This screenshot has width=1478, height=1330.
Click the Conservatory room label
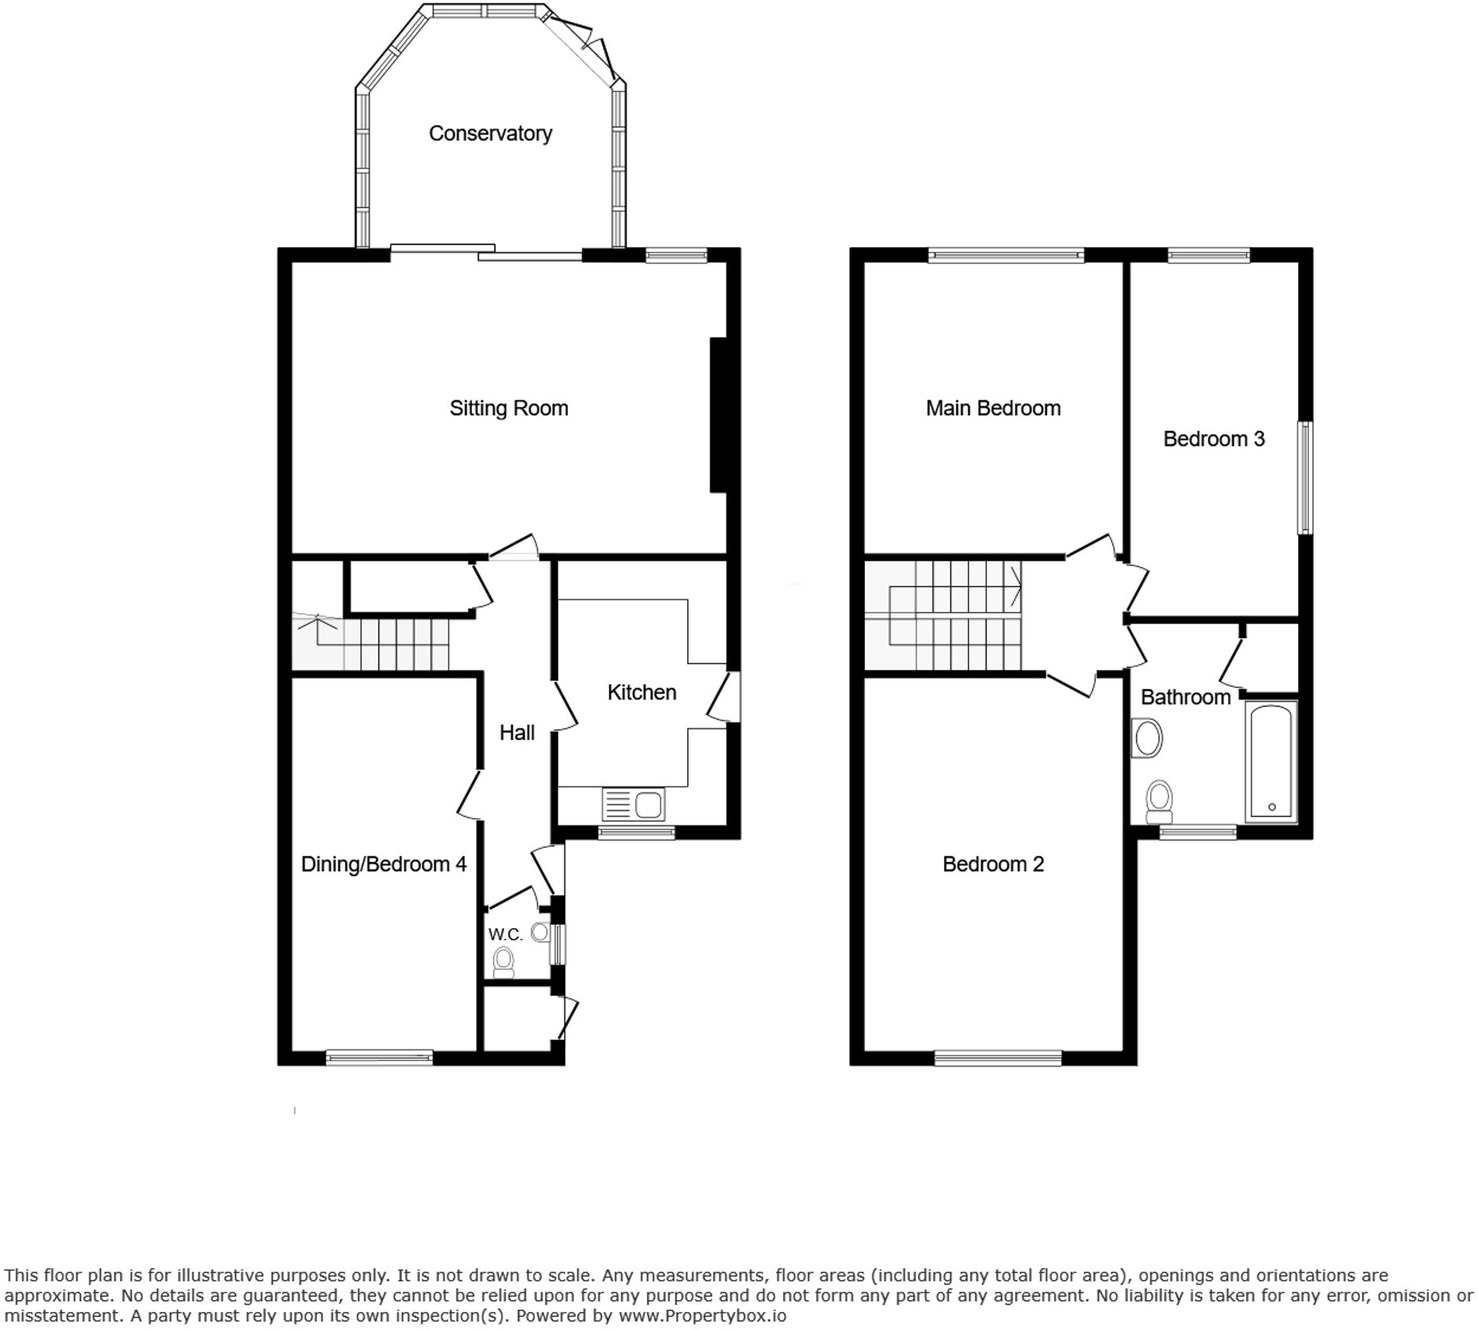(490, 134)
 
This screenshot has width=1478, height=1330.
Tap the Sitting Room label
(508, 408)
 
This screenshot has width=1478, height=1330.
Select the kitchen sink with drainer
(633, 805)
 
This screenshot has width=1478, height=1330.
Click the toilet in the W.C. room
(503, 962)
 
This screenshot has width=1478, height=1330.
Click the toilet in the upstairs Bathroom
(1159, 799)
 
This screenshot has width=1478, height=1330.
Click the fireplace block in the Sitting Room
(718, 414)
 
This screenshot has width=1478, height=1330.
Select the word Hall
(517, 733)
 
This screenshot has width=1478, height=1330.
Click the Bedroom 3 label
(1213, 439)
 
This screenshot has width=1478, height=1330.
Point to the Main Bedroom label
(992, 408)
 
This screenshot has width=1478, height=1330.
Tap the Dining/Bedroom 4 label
(384, 864)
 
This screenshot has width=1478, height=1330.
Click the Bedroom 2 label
(992, 864)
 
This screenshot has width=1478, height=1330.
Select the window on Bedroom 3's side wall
(1304, 477)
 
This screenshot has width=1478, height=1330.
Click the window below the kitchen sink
(636, 833)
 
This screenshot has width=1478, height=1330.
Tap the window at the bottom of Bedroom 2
(998, 1059)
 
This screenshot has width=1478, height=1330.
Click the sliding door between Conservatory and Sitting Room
(486, 252)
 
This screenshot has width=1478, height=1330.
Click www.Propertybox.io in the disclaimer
(702, 1315)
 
